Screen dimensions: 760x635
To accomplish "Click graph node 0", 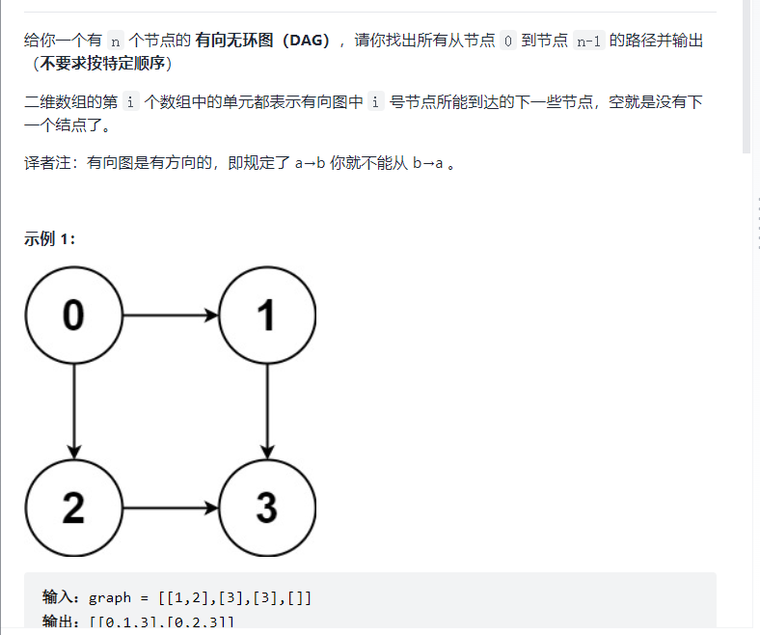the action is pos(73,315).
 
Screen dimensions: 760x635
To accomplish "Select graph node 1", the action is pos(267,315).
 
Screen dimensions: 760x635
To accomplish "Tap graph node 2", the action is pos(73,508).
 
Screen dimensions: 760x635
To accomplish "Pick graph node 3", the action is pos(267,508).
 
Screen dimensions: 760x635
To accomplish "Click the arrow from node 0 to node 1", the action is pos(170,315).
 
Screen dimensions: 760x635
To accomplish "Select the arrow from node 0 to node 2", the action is pos(73,411).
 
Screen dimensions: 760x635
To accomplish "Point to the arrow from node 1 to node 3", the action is pos(267,411).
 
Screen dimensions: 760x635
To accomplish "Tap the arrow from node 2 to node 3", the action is pos(170,508).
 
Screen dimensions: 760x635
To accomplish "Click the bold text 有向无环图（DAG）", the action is pos(262,41).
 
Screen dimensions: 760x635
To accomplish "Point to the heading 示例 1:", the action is pos(50,238).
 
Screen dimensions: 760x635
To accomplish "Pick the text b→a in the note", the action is pos(427,163).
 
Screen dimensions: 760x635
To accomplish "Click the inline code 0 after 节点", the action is pos(508,41).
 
